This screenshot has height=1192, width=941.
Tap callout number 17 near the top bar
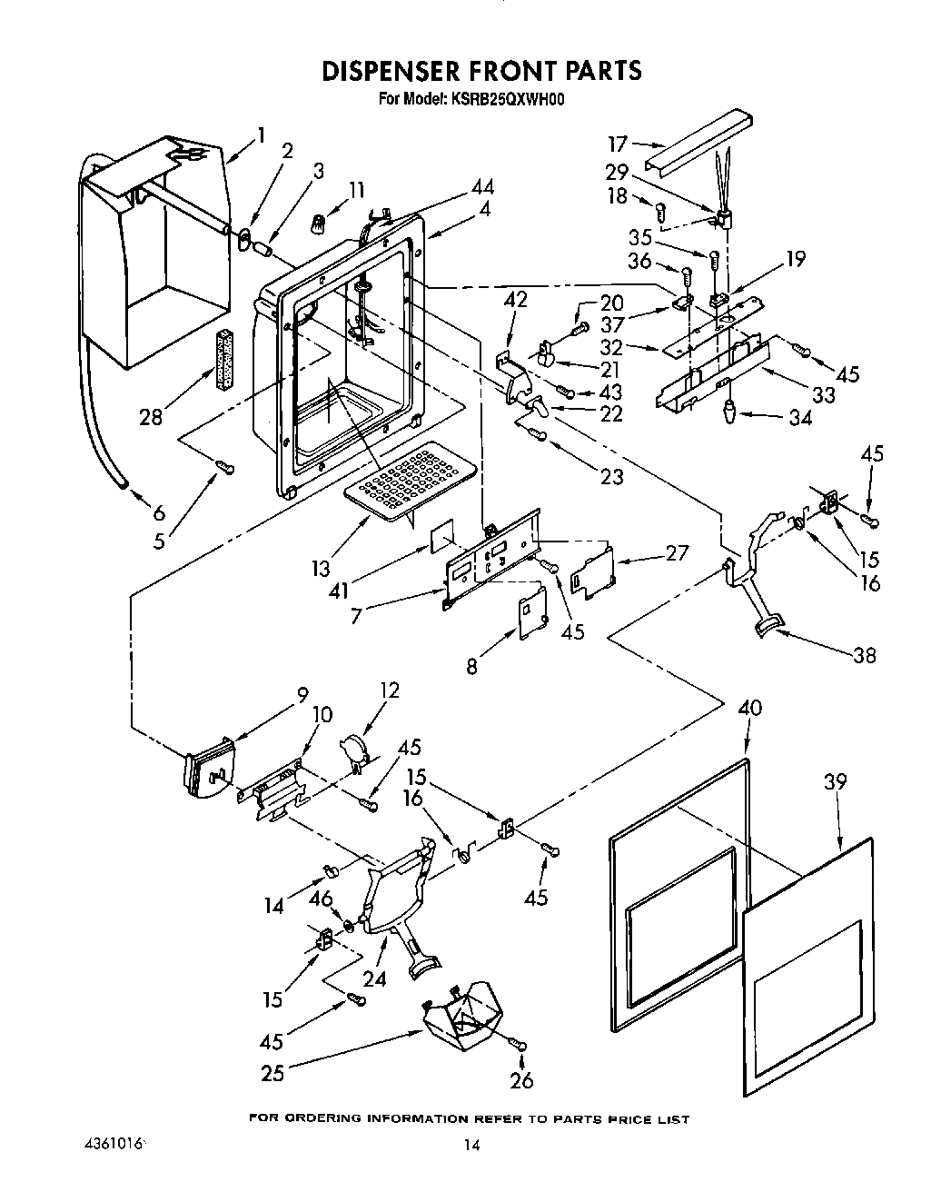(x=618, y=144)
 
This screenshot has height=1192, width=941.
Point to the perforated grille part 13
(x=414, y=479)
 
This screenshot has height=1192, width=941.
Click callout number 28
(x=151, y=416)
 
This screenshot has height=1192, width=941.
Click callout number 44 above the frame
(x=482, y=188)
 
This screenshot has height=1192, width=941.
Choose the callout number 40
(x=749, y=708)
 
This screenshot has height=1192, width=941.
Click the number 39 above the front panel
(x=834, y=781)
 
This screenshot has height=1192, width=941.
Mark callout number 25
(x=272, y=1074)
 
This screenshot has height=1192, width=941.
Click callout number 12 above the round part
(x=390, y=691)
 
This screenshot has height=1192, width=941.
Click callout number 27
(x=676, y=552)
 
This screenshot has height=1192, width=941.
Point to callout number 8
(x=471, y=666)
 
